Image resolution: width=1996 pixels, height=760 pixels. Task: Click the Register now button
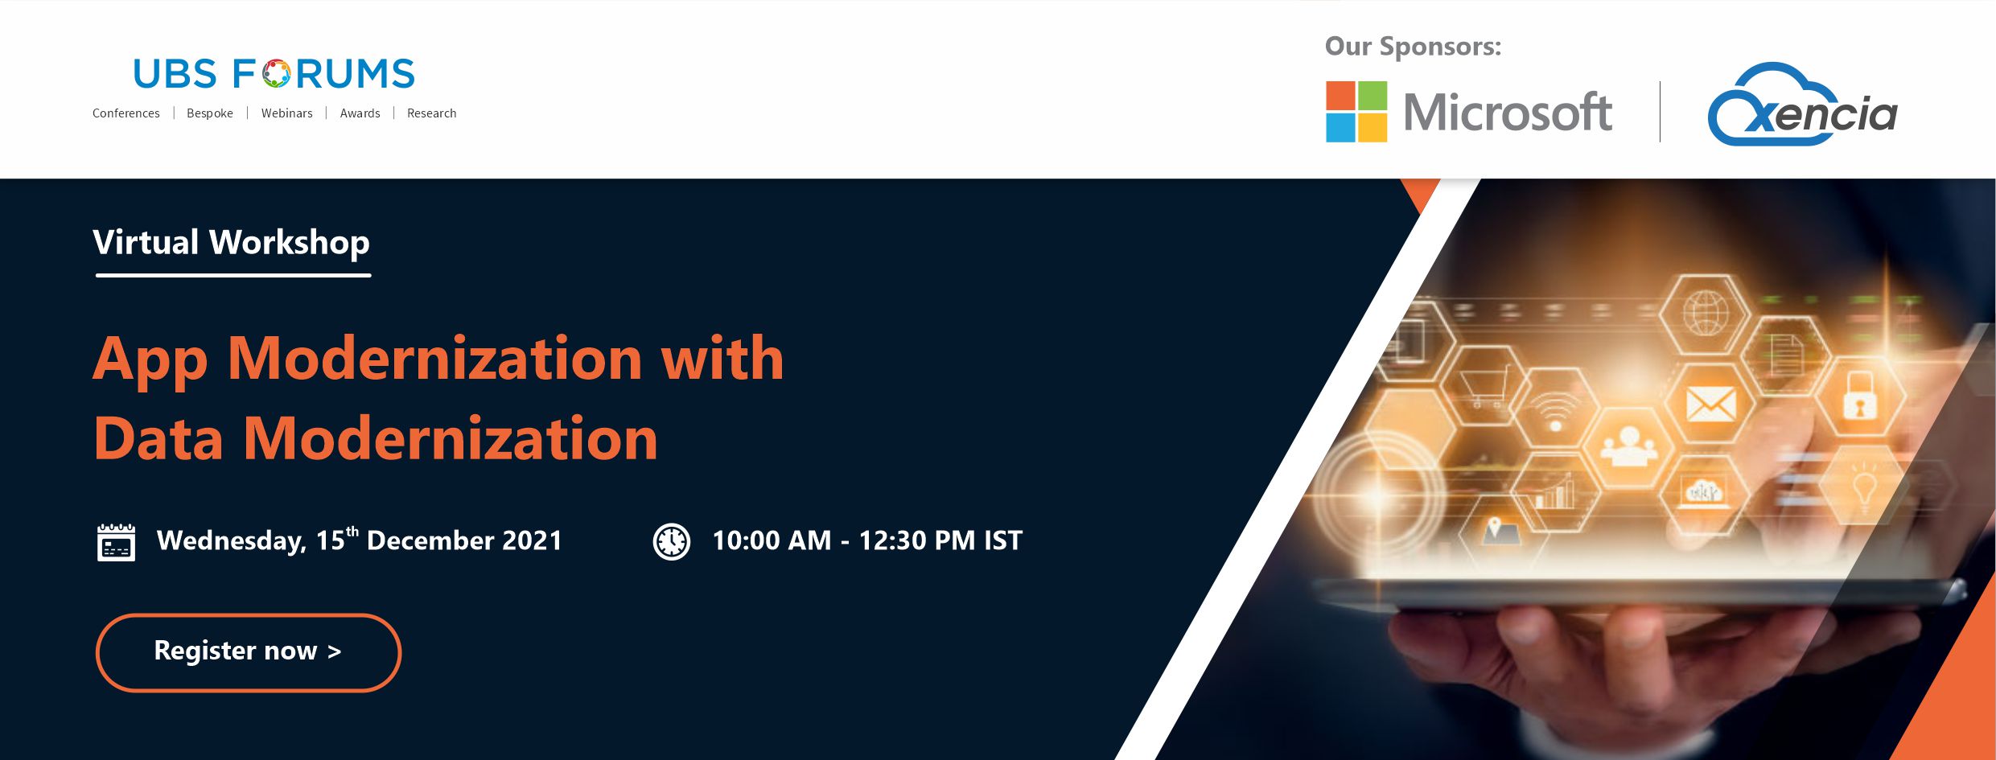[248, 652]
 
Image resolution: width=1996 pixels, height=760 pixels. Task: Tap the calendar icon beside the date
[116, 542]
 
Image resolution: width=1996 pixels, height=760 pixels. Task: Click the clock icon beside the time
[671, 541]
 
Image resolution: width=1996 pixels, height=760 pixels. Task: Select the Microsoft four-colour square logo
[1356, 112]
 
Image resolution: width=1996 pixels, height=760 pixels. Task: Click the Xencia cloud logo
[1802, 105]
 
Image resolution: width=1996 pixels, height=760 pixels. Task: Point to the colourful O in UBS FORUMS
[276, 73]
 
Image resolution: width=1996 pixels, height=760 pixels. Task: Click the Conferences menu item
[126, 113]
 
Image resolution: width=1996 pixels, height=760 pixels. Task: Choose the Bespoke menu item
[210, 113]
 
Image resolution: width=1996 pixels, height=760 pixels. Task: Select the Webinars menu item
[286, 113]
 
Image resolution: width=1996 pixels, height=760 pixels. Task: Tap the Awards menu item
[360, 113]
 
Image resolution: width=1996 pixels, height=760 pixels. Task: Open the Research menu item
[431, 113]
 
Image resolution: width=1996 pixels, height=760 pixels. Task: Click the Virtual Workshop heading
[232, 243]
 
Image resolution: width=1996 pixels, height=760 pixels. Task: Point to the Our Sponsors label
[1413, 47]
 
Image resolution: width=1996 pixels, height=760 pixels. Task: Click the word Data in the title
[158, 439]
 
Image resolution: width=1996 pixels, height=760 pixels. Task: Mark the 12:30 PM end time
[917, 540]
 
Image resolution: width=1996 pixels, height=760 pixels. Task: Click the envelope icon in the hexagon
[1711, 404]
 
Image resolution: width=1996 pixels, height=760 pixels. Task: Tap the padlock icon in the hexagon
[1859, 397]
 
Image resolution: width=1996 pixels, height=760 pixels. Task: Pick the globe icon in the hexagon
[1706, 312]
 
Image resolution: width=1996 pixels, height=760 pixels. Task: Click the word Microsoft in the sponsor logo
[1508, 113]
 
